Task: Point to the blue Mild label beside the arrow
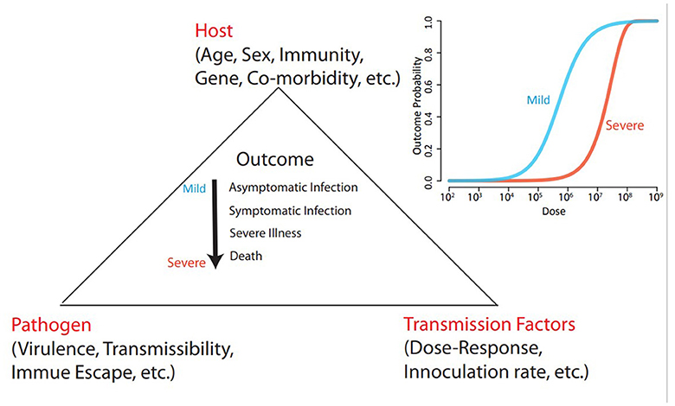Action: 193,187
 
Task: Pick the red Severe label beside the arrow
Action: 186,261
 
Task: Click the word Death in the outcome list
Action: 245,257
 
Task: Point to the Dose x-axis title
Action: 550,211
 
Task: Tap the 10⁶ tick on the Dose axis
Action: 552,198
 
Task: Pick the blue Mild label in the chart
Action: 539,100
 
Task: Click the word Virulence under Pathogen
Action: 48,351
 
